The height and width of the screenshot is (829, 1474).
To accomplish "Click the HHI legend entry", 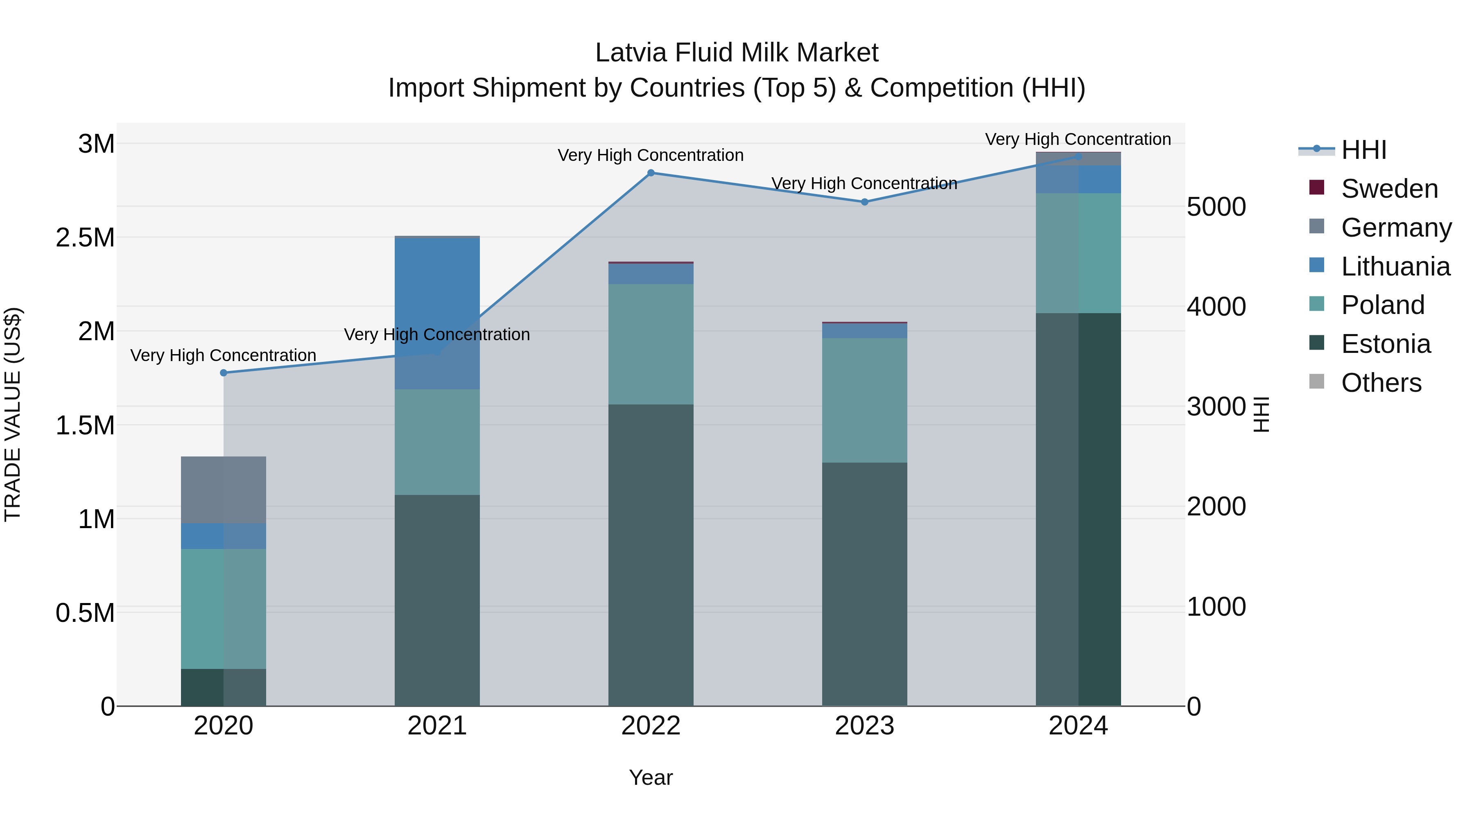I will [x=1363, y=150].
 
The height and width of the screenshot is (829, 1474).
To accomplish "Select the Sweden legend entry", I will [x=1389, y=189].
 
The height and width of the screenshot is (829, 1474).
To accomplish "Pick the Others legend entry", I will [x=1381, y=383].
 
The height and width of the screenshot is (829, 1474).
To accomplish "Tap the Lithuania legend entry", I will [x=1395, y=267].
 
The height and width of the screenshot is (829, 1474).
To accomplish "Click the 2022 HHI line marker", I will [x=651, y=173].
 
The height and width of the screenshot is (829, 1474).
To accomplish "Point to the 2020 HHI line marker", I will [x=224, y=373].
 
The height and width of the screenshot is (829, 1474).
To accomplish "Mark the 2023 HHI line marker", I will [x=865, y=202].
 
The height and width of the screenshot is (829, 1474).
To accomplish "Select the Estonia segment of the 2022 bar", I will [x=651, y=555].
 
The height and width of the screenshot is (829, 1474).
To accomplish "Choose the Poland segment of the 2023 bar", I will [x=865, y=400].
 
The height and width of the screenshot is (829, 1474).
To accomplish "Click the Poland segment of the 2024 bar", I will [x=1078, y=253].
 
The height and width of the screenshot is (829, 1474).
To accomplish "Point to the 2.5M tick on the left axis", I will [x=85, y=237].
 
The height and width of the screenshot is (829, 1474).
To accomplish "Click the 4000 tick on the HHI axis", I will [x=1216, y=307].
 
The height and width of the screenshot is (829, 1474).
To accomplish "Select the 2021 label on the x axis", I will [x=437, y=726].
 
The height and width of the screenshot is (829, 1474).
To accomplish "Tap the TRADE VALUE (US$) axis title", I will [x=13, y=414].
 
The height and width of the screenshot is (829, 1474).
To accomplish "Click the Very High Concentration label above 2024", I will [x=1078, y=139].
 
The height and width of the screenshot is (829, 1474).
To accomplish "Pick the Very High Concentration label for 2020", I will [x=223, y=355].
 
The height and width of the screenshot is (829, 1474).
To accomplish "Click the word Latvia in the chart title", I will [x=631, y=53].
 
